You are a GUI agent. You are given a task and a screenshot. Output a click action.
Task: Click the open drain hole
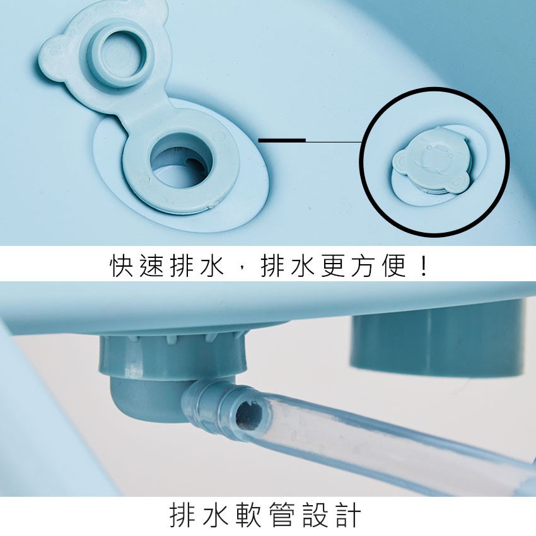(180, 161)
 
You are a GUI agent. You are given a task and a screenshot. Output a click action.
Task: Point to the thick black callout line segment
(282, 140)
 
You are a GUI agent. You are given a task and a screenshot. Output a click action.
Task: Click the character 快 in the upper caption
(121, 265)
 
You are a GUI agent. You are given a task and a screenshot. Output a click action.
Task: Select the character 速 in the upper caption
(151, 265)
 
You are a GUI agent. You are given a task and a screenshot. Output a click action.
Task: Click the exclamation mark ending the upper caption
(424, 265)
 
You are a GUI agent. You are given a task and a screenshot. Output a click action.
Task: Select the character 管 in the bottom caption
(282, 515)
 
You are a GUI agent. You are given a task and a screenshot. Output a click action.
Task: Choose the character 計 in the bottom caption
(348, 515)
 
